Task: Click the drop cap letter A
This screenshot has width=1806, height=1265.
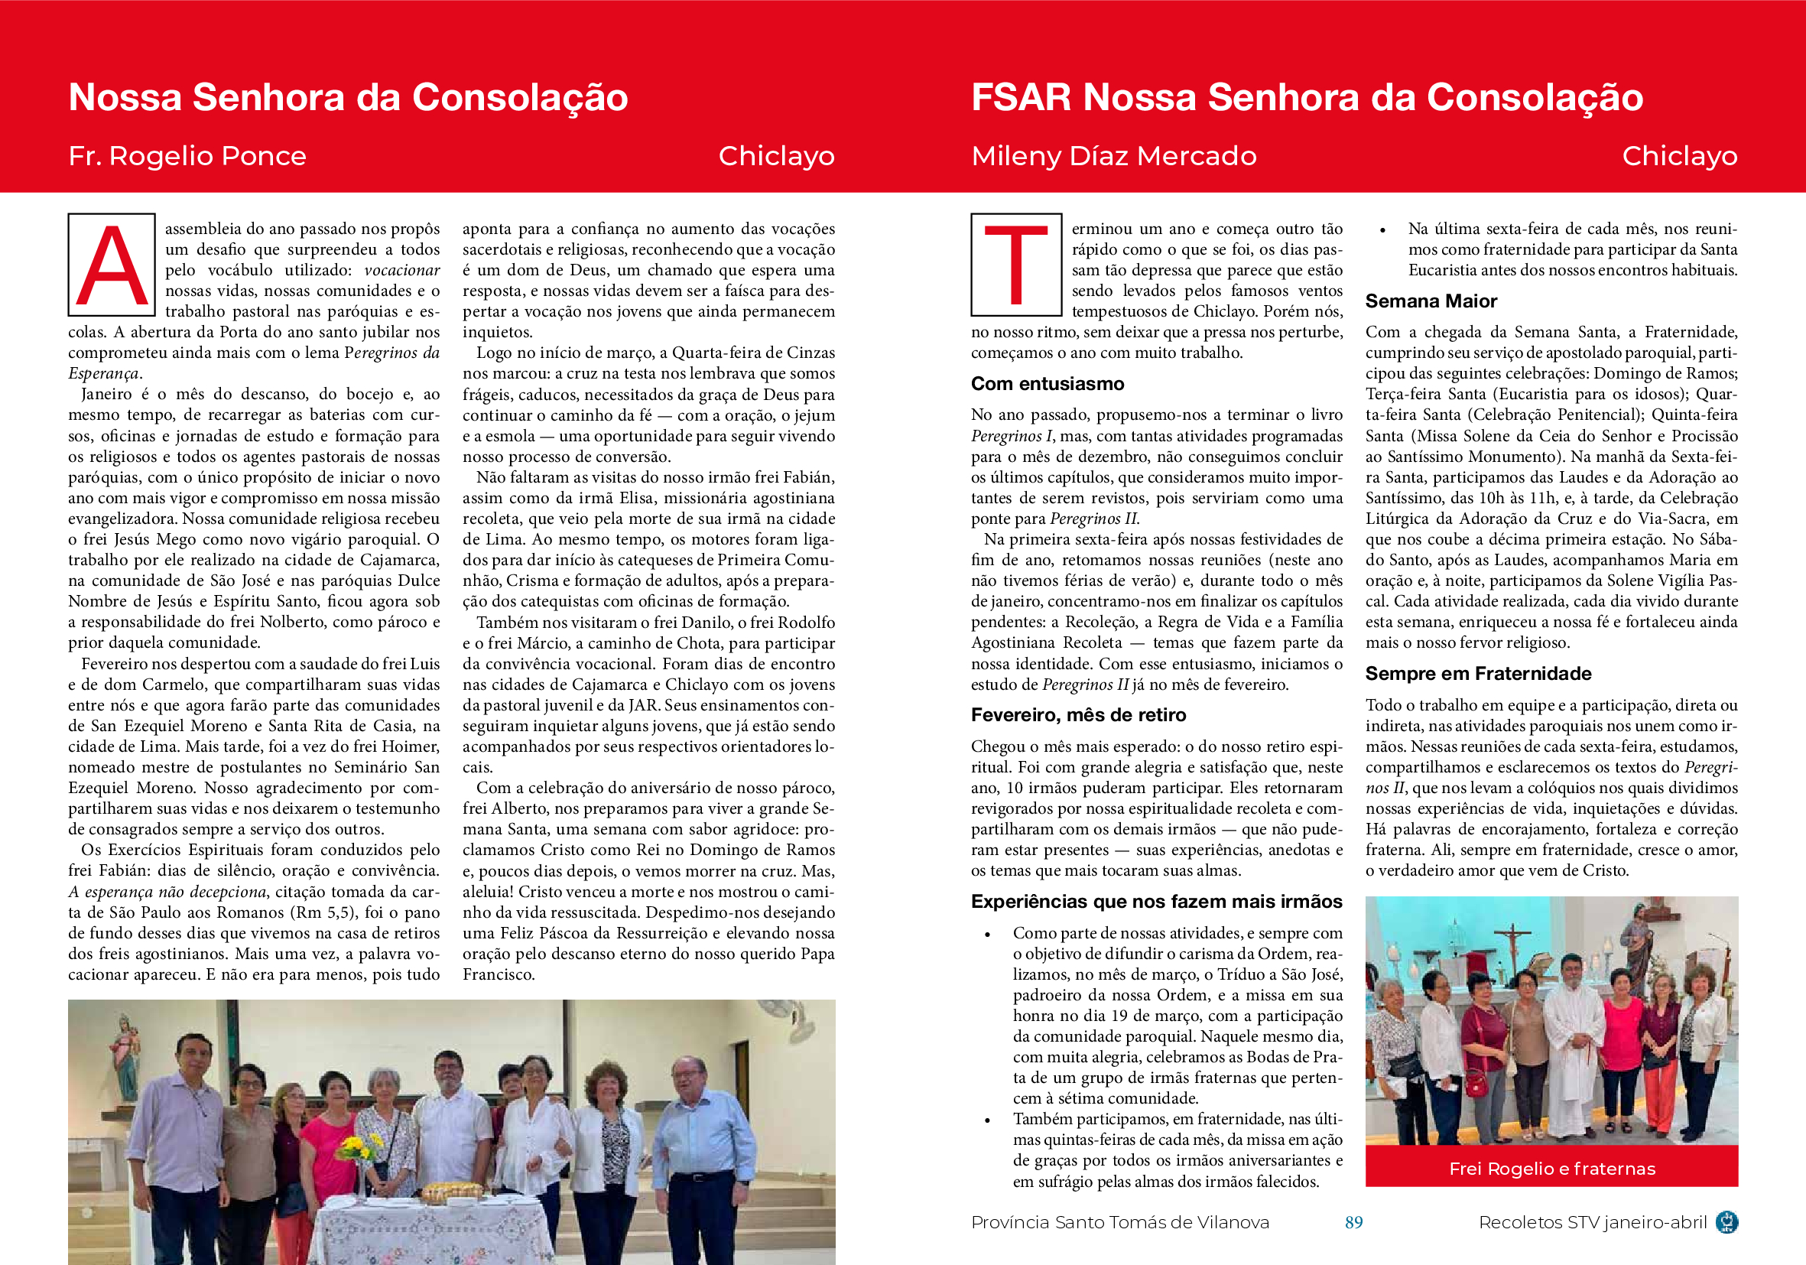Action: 112,265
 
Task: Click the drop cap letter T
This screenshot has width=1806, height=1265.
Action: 1015,265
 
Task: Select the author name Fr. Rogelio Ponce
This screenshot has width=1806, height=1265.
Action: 187,156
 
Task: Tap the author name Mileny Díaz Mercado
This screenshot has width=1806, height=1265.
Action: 1114,156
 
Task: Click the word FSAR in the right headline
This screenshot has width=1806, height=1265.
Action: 1021,98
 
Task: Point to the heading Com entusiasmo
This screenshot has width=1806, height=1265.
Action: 1047,384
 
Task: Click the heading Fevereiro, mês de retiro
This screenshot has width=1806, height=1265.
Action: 1077,715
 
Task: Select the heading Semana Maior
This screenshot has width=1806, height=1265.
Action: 1431,301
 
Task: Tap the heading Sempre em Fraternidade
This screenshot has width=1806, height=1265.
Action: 1478,673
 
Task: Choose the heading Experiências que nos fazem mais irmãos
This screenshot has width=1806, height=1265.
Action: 1156,902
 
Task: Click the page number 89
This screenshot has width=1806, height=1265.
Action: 1353,1222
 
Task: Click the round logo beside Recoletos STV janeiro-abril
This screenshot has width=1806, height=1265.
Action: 1727,1222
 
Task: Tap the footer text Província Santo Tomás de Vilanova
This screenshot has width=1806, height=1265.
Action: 1120,1222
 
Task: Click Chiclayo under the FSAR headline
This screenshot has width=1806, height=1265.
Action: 1679,156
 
